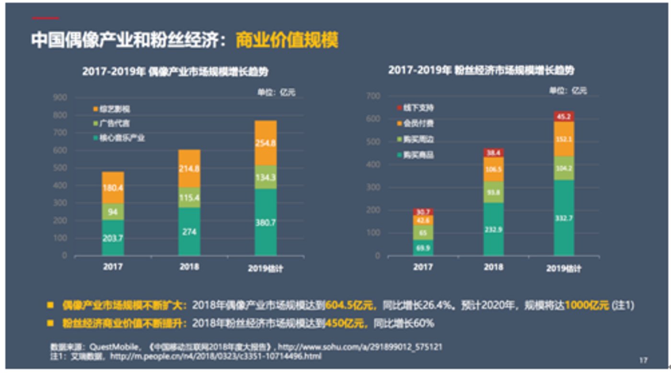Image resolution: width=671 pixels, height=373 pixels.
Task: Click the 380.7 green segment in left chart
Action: coord(266,221)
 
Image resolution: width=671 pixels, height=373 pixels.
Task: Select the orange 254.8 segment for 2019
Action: coord(266,143)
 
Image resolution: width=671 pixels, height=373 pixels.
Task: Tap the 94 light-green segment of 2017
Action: coord(113,211)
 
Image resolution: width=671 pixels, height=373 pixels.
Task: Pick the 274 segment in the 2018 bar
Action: coord(189,232)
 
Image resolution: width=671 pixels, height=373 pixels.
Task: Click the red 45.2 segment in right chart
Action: coord(564,116)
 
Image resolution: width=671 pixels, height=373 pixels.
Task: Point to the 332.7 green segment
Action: coord(564,218)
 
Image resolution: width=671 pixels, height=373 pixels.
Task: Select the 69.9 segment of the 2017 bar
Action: coord(423,247)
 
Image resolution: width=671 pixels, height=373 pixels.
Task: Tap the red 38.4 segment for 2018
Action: coord(493,153)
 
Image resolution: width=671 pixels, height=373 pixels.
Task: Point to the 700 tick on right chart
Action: coord(373,96)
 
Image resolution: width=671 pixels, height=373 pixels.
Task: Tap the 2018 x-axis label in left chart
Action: coord(189,267)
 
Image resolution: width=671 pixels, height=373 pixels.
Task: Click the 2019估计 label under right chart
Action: coord(564,268)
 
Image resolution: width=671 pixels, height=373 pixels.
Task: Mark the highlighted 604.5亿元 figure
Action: coord(349,305)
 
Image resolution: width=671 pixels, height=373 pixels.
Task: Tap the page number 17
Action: coord(643,360)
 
